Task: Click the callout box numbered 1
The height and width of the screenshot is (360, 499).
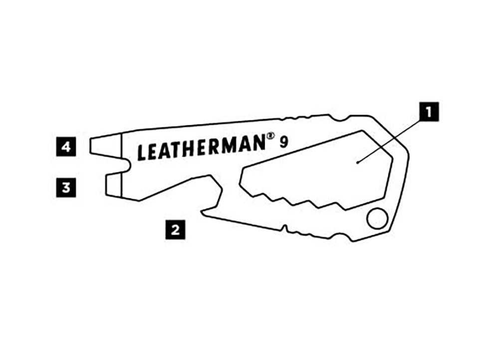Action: pos(429,112)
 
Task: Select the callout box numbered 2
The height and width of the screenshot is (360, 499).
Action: pos(175,229)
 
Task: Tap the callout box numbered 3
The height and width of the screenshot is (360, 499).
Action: pos(66,187)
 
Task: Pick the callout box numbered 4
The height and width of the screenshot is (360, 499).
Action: pos(66,147)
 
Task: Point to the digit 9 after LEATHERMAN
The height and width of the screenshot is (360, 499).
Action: pos(283,142)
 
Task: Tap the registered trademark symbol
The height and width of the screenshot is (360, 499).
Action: pos(270,136)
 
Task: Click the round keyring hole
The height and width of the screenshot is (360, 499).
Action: pos(378,218)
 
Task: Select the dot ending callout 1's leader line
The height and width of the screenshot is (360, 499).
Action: pos(358,163)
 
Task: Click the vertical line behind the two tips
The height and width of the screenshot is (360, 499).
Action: pos(122,165)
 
